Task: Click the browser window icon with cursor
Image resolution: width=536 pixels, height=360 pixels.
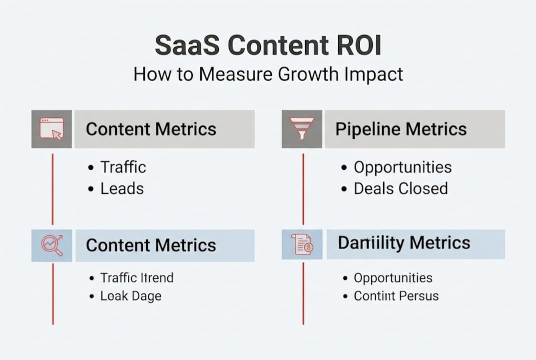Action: click(x=51, y=129)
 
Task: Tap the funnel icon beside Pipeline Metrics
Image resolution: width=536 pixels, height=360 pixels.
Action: click(x=302, y=129)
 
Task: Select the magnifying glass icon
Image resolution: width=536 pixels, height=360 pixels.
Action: click(x=51, y=245)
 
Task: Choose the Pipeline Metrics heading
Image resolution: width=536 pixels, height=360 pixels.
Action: click(x=401, y=129)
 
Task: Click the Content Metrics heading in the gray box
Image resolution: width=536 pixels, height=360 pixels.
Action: click(x=151, y=129)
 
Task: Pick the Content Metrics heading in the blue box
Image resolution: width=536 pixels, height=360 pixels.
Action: click(x=151, y=245)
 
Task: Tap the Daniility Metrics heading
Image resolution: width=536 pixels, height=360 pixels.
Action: click(x=404, y=243)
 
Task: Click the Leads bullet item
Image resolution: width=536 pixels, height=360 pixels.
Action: click(x=122, y=188)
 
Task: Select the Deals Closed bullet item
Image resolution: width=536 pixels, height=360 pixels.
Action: click(x=401, y=188)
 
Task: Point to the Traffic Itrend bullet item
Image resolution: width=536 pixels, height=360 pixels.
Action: click(x=137, y=277)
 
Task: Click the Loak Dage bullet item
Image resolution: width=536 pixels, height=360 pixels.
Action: click(x=131, y=295)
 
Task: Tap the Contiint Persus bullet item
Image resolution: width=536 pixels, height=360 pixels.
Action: click(x=396, y=295)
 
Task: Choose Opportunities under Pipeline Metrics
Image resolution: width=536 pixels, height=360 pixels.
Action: click(x=403, y=167)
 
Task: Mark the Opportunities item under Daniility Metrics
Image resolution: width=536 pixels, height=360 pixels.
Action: click(x=393, y=277)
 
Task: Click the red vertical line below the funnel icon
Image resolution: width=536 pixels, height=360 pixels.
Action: click(x=303, y=189)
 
